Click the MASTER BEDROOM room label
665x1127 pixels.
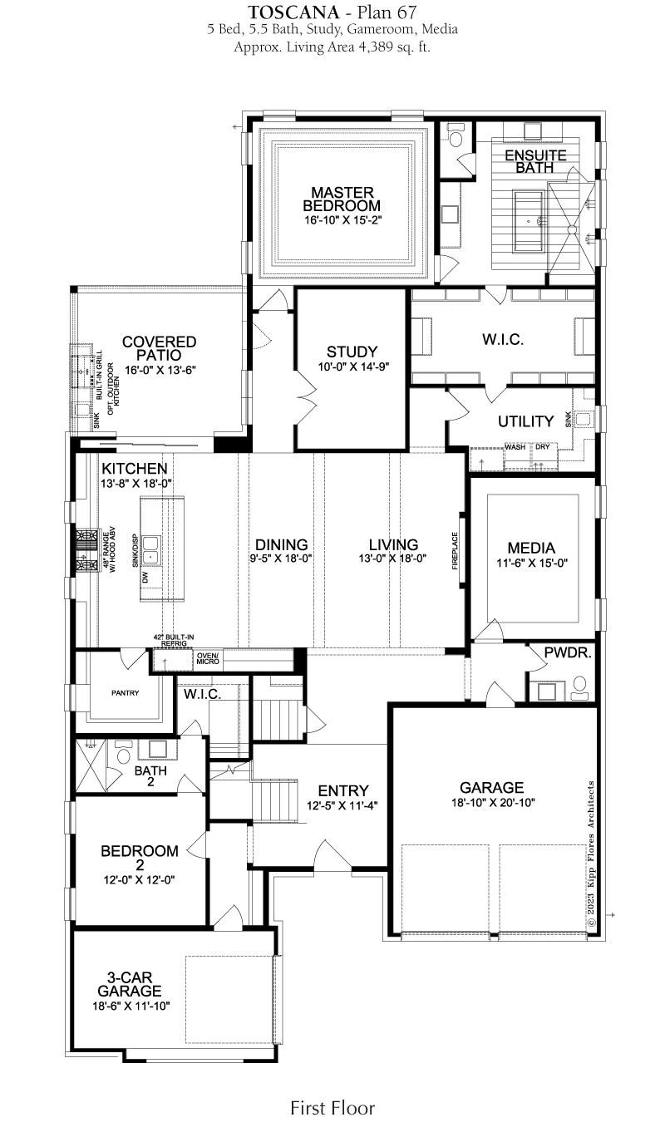pos(342,199)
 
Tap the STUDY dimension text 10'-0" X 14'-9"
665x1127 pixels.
pos(353,367)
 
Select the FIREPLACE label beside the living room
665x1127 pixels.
pos(455,550)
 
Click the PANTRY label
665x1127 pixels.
pos(126,693)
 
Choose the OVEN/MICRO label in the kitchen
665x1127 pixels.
pos(209,658)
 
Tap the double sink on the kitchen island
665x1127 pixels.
pos(150,549)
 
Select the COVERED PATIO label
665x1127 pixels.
pos(159,348)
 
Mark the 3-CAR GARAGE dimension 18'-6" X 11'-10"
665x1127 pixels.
pos(131,1006)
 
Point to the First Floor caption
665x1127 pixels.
pos(332,1108)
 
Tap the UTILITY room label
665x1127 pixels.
pos(525,421)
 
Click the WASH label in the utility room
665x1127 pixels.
pos(515,447)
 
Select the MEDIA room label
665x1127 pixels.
pos(531,548)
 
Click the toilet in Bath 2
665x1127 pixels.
pos(123,754)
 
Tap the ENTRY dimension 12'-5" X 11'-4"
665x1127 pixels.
pos(342,806)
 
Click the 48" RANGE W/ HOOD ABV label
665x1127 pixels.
pos(109,550)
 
